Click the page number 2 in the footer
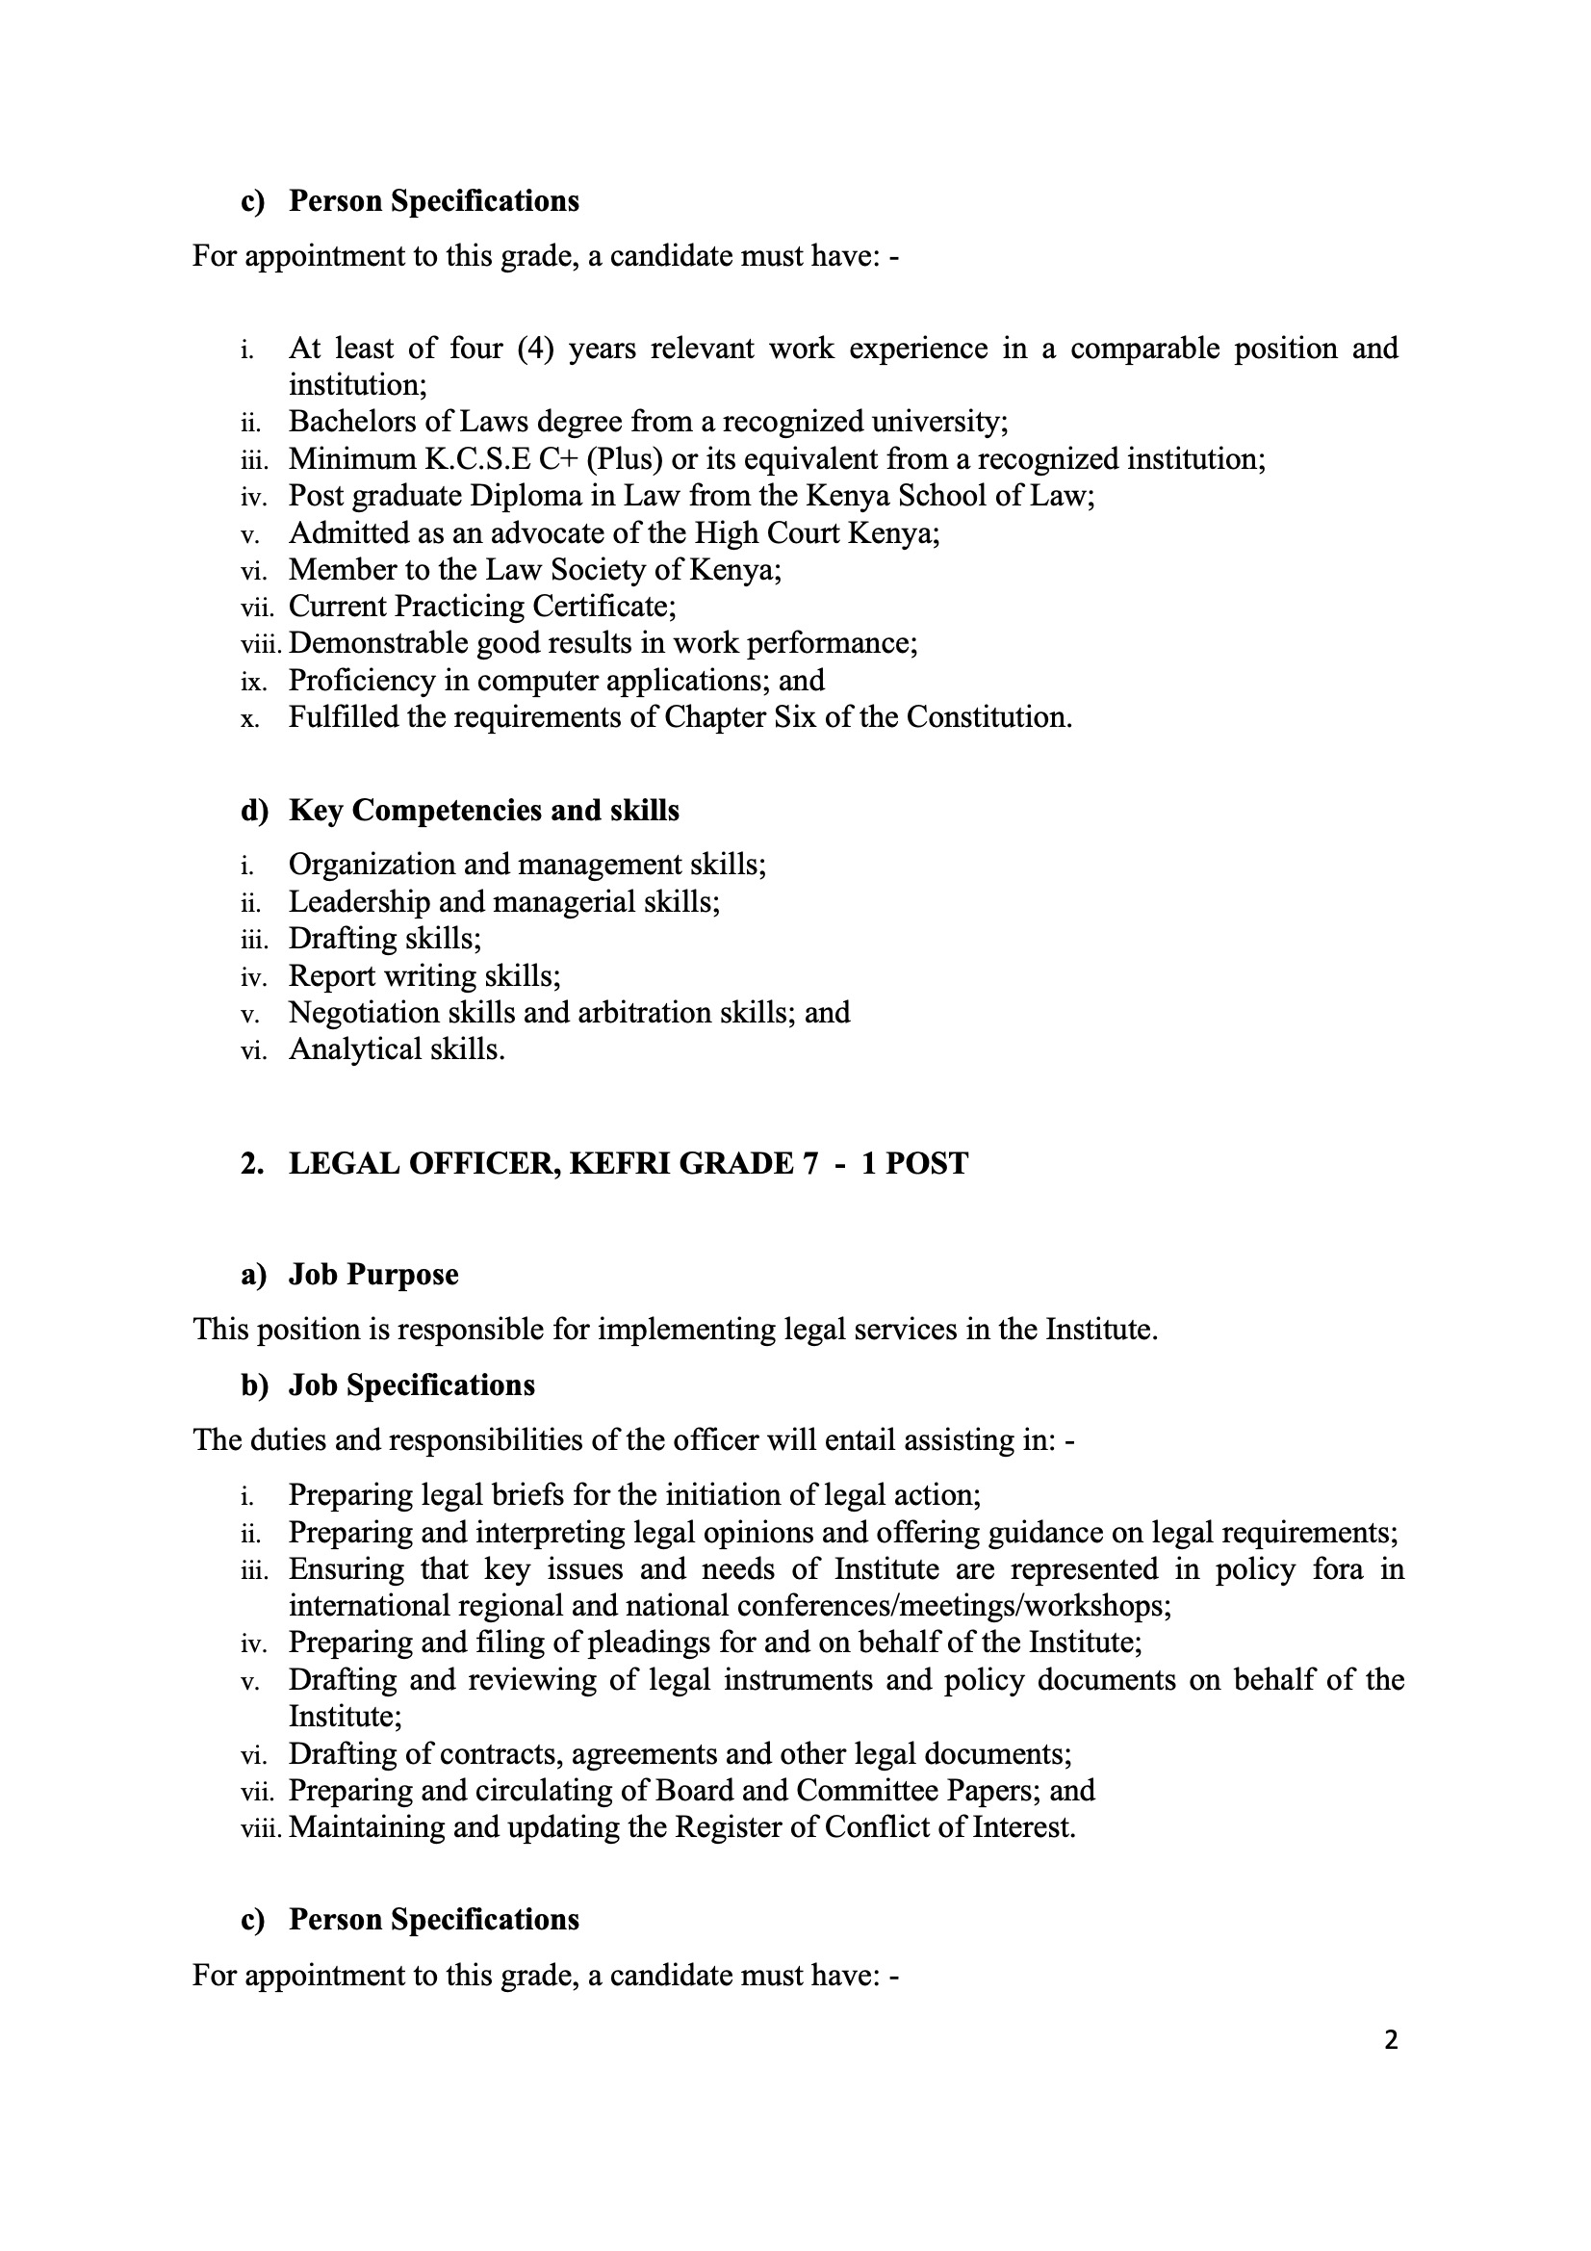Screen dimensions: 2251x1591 pos(1391,2040)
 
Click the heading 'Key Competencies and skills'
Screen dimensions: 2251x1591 pos(483,811)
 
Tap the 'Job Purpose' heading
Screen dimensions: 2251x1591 pos(372,1275)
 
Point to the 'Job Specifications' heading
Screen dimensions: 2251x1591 pos(412,1385)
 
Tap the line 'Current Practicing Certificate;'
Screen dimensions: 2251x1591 pos(481,607)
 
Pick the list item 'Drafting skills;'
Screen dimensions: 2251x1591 pos(384,940)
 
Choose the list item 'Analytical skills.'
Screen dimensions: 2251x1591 pos(396,1050)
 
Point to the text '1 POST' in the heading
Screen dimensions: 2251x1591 pos(914,1164)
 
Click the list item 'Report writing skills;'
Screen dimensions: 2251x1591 pos(423,976)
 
